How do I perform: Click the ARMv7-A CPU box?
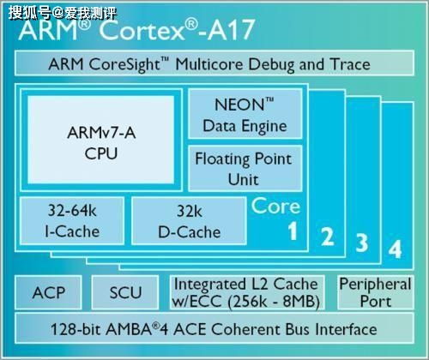coord(101,140)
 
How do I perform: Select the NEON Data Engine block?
coord(245,114)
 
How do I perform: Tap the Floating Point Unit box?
coord(245,168)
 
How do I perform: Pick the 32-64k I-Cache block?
coord(72,220)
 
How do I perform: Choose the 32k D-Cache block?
coord(189,220)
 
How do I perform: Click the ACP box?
coord(48,292)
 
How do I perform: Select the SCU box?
coord(125,292)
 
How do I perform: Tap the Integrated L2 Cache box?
coord(247,292)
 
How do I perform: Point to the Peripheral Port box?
coord(376,292)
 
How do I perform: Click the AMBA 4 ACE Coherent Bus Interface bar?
coord(214,328)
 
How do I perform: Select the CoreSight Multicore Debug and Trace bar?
coord(214,63)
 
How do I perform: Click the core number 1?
coord(293,231)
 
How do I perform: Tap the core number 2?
coord(327,236)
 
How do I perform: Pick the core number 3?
coord(362,243)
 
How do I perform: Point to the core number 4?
coord(395,249)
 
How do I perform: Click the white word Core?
coord(276,206)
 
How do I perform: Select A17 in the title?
coord(231,29)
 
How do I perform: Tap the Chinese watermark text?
coord(63,13)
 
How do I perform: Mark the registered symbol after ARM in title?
coord(84,23)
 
